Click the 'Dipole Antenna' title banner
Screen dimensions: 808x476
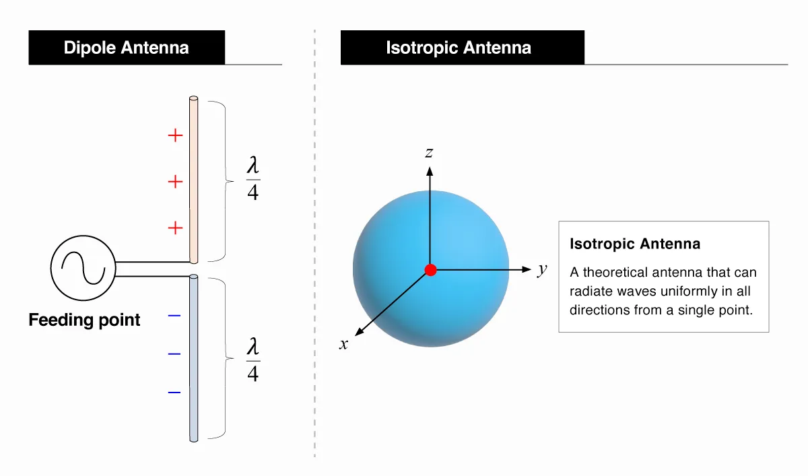tap(127, 48)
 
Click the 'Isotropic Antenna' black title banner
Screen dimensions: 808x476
tap(463, 48)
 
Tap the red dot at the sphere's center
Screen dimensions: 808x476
tap(431, 270)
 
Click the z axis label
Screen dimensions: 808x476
tap(429, 153)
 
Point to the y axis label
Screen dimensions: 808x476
tap(542, 269)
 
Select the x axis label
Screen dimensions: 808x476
tap(344, 344)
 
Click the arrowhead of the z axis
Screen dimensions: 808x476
tap(430, 171)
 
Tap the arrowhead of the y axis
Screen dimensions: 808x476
tap(527, 269)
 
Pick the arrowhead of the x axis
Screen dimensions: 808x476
tap(360, 332)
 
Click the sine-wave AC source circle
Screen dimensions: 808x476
tap(83, 268)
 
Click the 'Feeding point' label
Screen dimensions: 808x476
tap(84, 320)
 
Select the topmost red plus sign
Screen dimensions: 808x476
tap(175, 135)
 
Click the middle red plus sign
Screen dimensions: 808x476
tap(175, 182)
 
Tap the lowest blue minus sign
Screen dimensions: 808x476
tap(174, 393)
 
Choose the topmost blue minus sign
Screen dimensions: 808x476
tap(174, 316)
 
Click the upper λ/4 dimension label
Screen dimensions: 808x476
tap(253, 178)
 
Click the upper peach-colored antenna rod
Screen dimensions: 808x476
tap(194, 180)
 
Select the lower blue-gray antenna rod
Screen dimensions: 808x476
tap(194, 358)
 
